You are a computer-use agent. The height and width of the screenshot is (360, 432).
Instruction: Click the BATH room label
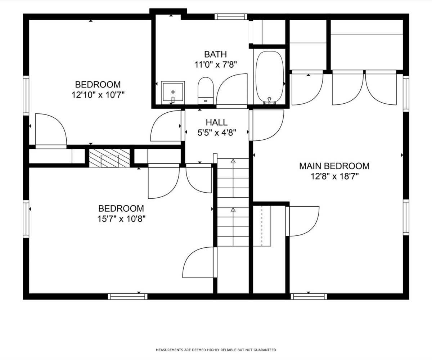point(215,54)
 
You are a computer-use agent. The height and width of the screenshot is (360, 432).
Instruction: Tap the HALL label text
point(217,122)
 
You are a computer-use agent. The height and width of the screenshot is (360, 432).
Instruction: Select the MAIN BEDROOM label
point(334,166)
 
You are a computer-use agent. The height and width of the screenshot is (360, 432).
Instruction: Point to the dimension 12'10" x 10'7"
point(98,95)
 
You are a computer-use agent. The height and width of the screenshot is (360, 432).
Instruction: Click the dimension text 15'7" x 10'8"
point(121,219)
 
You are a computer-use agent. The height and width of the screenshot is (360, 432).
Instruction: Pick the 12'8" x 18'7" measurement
point(334,176)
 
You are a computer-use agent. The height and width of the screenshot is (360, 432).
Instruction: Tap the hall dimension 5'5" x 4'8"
point(217,133)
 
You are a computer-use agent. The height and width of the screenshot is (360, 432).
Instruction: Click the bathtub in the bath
point(270,78)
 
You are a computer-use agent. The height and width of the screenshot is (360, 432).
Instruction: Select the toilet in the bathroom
point(206,91)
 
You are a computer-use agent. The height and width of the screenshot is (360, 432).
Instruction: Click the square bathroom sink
point(173,92)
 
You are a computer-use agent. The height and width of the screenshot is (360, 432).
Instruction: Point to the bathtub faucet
point(269,100)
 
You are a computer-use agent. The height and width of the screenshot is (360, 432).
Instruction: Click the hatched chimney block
point(109,158)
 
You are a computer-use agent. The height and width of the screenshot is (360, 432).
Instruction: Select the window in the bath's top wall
point(231,17)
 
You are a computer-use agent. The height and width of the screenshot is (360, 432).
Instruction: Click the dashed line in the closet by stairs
point(262,226)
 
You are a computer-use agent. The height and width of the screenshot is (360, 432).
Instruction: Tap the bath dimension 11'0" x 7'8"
point(215,65)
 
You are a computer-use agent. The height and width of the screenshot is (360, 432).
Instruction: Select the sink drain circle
point(173,92)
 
